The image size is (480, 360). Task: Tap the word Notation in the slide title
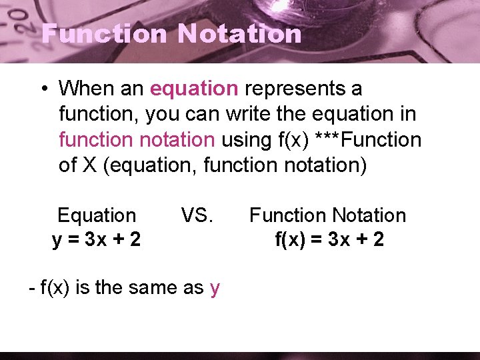[241, 33]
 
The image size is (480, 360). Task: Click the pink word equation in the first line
[194, 88]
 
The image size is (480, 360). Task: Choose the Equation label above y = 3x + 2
[97, 215]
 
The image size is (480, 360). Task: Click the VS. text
[197, 215]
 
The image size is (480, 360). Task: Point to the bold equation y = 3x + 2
[97, 239]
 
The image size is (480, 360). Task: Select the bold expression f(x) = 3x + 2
[329, 239]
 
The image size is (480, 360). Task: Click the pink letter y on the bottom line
[215, 289]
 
